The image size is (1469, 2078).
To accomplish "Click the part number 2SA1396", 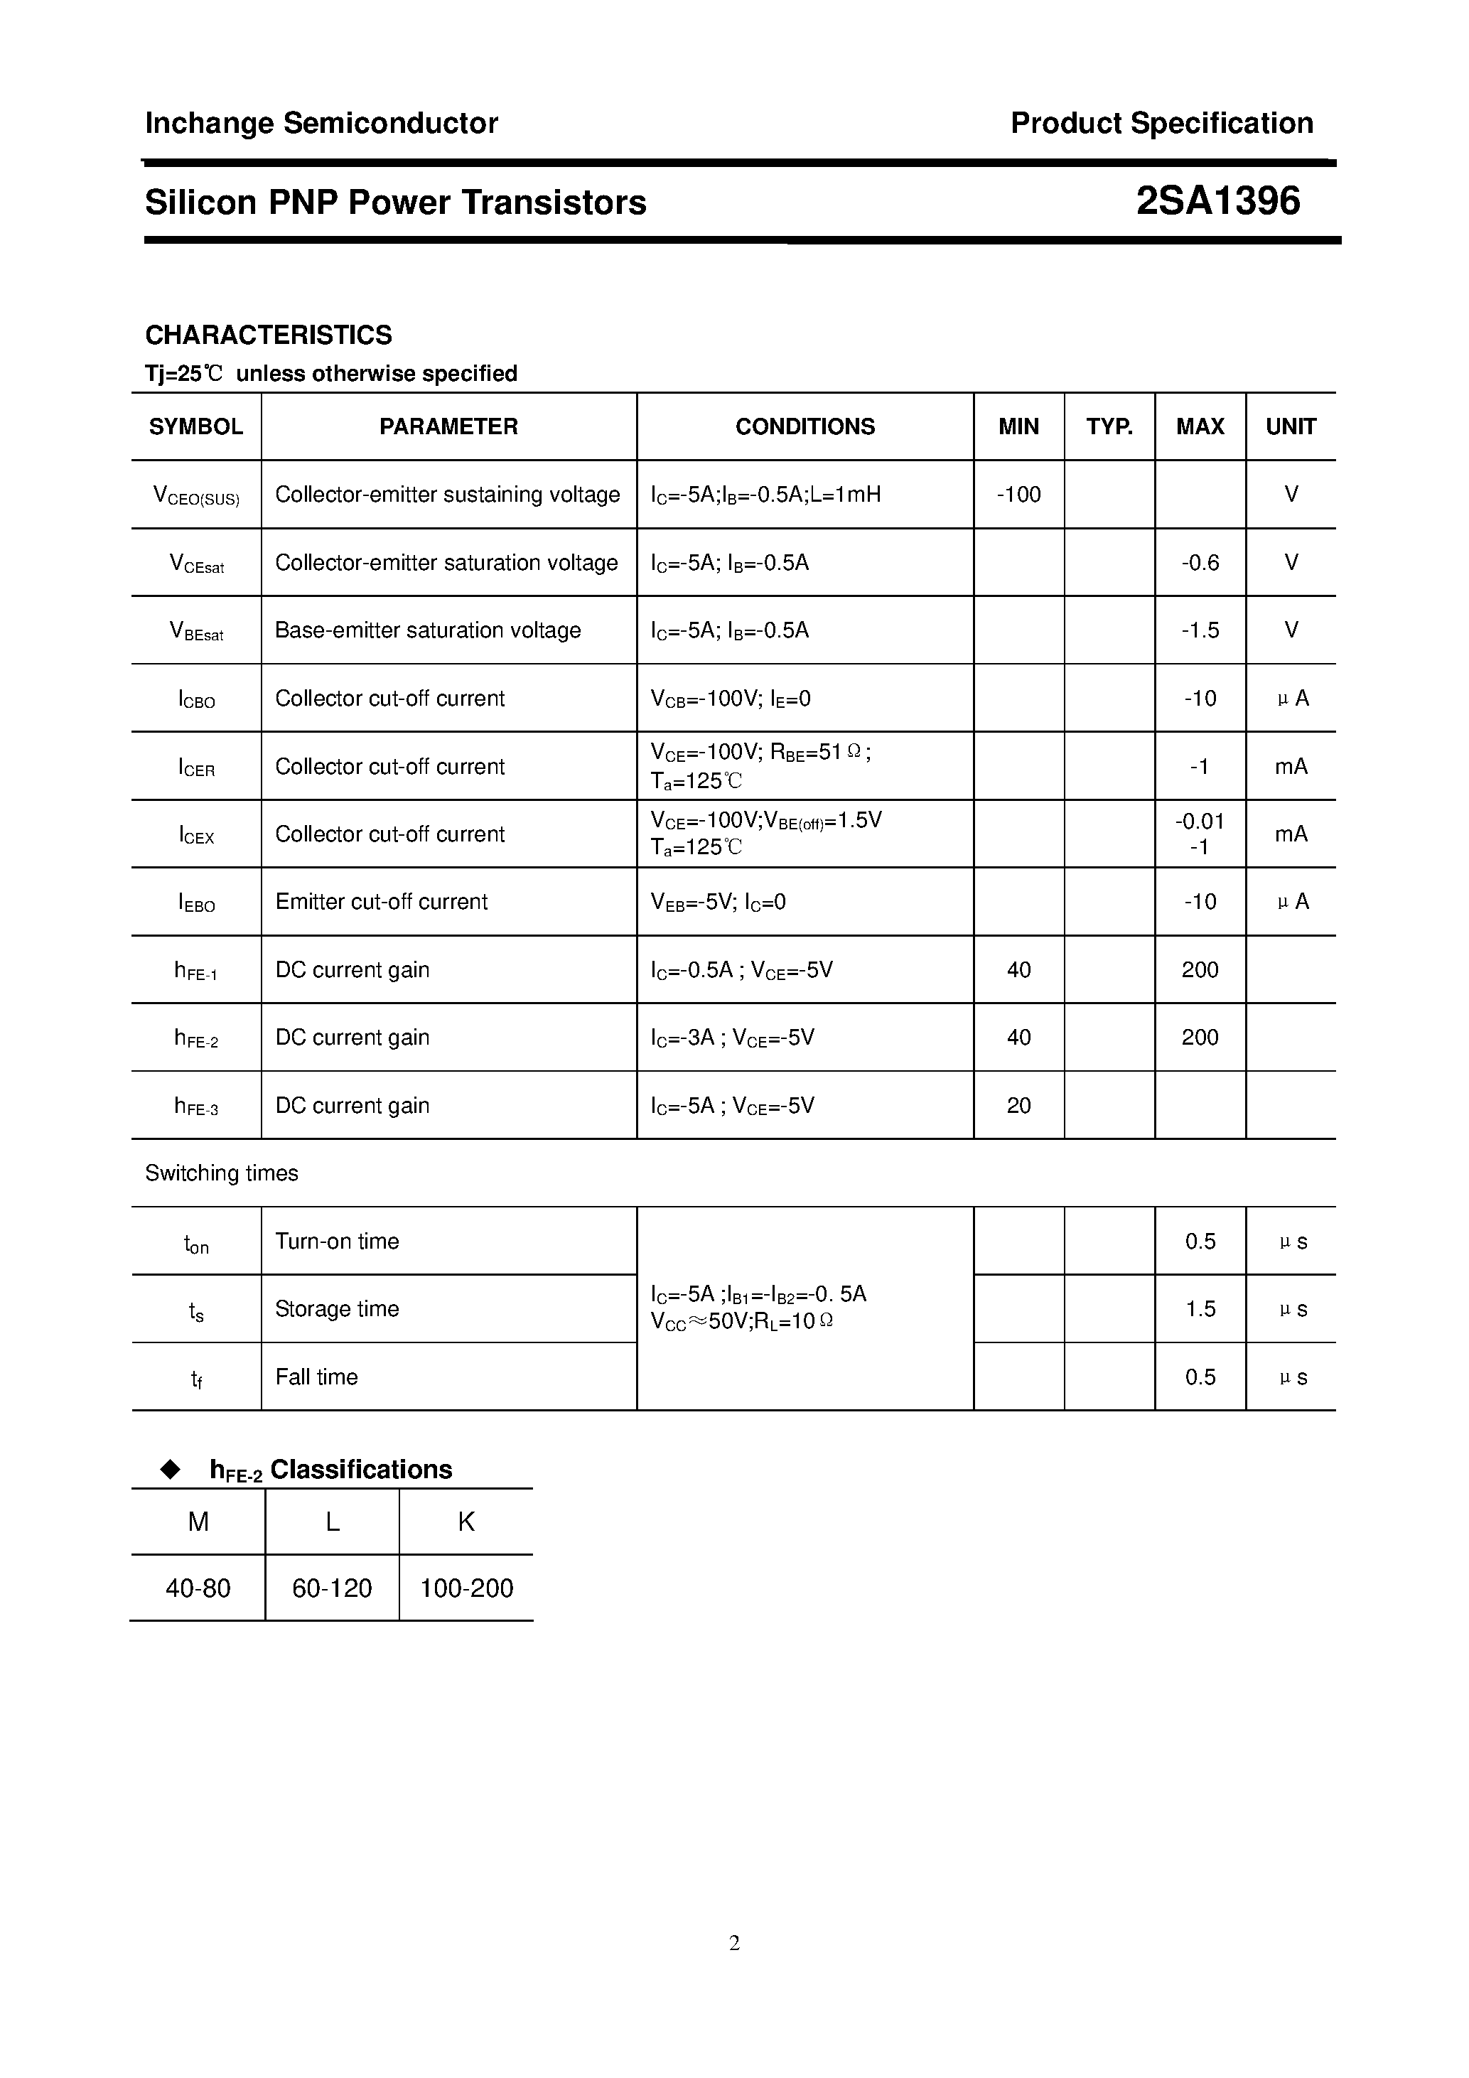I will pos(1217,201).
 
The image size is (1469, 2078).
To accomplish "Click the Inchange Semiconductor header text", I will pos(321,123).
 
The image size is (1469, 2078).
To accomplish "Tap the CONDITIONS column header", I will pos(805,426).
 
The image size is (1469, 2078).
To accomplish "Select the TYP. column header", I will pos(1109,426).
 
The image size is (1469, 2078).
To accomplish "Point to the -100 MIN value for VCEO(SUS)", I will pos(1018,494).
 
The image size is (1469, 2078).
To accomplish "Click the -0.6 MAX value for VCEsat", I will pos(1200,562).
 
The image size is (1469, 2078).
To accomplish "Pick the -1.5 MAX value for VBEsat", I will pos(1200,630).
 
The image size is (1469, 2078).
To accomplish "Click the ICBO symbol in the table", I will pos(196,699).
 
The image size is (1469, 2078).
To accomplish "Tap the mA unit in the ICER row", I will pos(1291,767).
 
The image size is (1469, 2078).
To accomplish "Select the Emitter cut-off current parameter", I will pos(381,901).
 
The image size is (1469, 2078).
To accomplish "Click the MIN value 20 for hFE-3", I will pos(1018,1105).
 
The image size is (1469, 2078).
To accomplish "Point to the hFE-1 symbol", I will pos(195,970).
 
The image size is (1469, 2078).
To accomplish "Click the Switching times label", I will pos(222,1173).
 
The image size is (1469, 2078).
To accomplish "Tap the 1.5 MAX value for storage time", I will pos(1200,1309).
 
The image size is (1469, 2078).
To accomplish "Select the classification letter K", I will pos(466,1522).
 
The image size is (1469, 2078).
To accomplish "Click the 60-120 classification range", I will pos(332,1588).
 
